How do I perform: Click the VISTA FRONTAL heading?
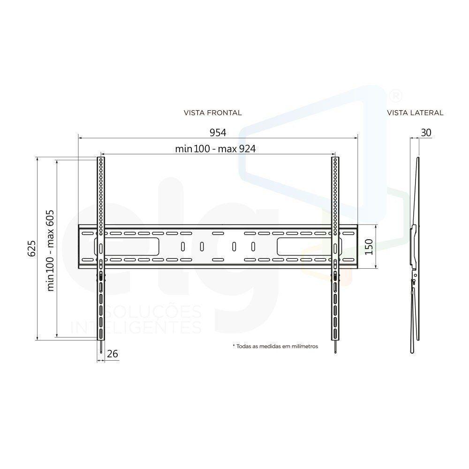[212, 113]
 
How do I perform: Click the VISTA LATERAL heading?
[415, 113]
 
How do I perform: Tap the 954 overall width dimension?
[218, 133]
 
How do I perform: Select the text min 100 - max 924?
[215, 149]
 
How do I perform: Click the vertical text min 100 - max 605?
[51, 250]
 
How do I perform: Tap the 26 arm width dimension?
[112, 354]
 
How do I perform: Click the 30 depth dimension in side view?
[426, 133]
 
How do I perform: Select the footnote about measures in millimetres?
[275, 346]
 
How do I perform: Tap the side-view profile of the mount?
[414, 253]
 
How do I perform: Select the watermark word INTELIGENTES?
[136, 327]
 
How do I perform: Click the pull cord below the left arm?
[101, 348]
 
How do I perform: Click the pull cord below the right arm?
[335, 348]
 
